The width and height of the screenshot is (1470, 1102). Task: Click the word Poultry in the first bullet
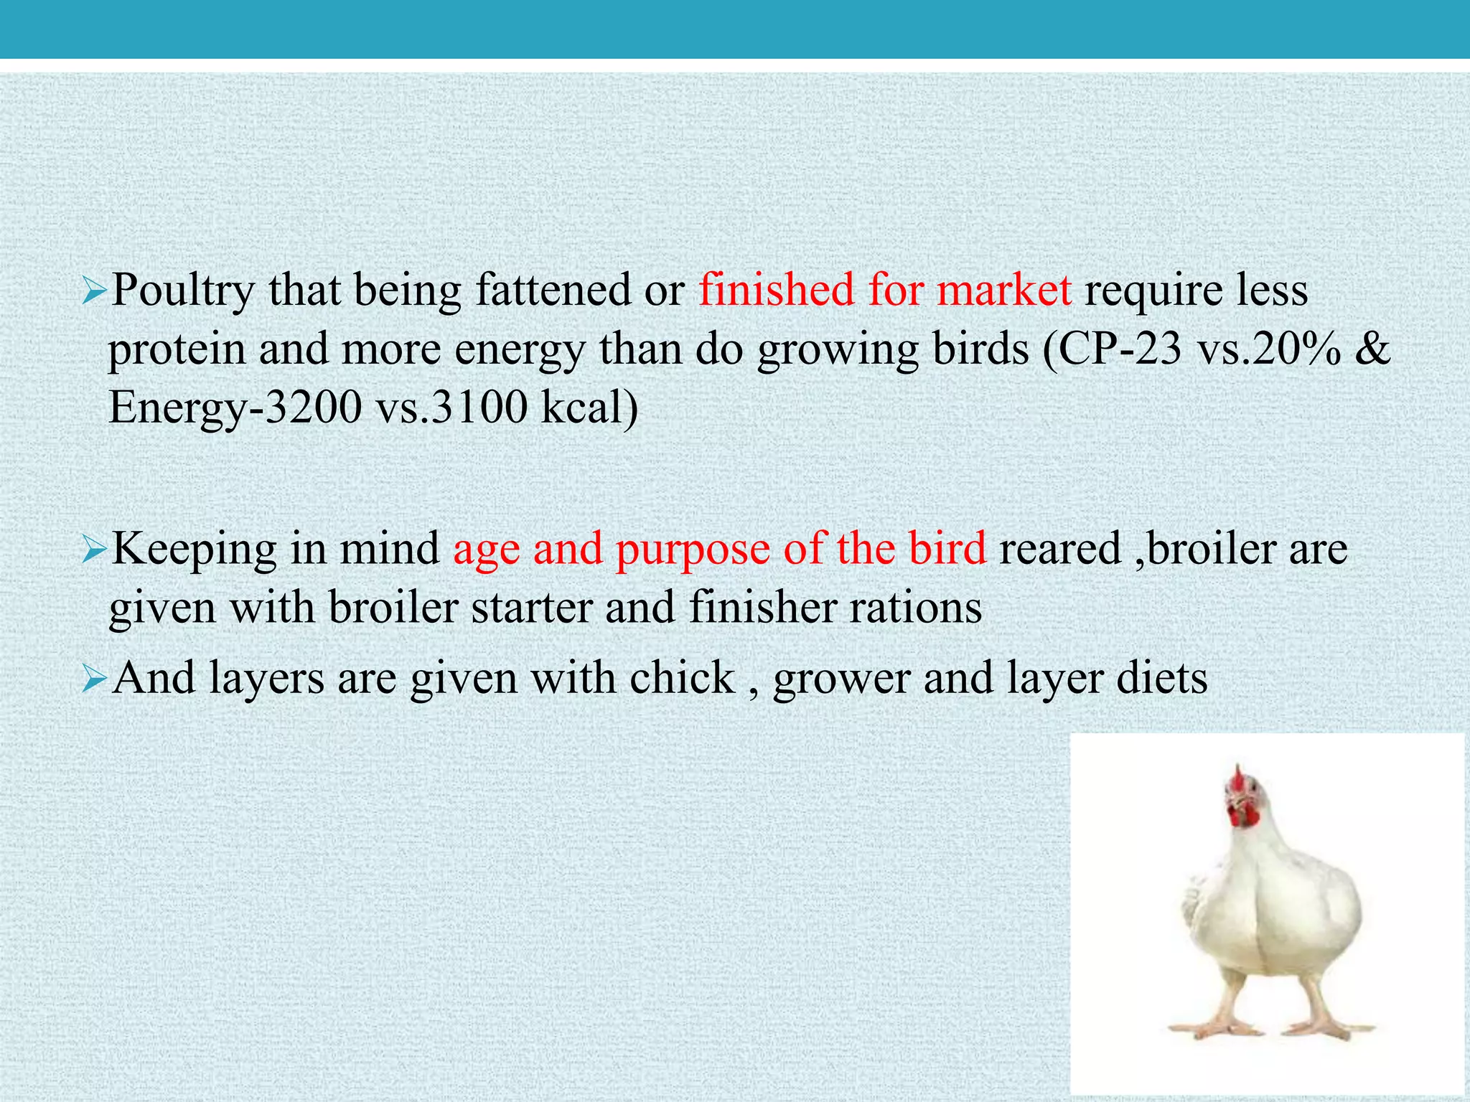183,291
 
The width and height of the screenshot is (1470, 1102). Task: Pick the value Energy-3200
235,408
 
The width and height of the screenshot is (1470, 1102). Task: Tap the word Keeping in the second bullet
194,550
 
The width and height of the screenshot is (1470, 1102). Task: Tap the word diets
1162,678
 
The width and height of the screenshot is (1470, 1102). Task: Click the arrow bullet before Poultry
94,292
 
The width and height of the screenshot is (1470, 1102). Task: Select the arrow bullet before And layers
94,679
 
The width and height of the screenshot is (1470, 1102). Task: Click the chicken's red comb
1237,777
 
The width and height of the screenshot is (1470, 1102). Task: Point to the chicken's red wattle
1245,818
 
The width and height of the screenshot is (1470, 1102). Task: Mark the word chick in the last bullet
682,678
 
